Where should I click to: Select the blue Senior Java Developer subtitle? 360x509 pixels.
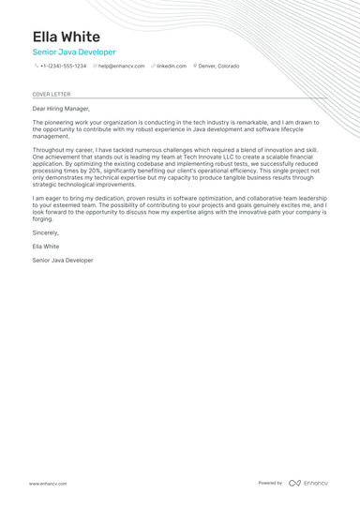74,52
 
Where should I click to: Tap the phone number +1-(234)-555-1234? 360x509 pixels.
63,67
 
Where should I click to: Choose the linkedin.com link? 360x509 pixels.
172,67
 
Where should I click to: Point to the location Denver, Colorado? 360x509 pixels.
218,67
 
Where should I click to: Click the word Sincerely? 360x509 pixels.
45,232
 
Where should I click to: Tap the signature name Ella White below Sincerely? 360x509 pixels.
46,246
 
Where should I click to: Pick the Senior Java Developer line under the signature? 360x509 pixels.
63,260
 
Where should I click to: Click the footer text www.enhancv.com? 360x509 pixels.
47,483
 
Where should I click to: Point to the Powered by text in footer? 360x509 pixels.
270,483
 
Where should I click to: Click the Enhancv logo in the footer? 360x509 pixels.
308,483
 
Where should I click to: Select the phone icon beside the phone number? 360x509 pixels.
37,67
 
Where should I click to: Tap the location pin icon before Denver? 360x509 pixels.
195,67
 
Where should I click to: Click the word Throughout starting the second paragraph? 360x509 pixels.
48,149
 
